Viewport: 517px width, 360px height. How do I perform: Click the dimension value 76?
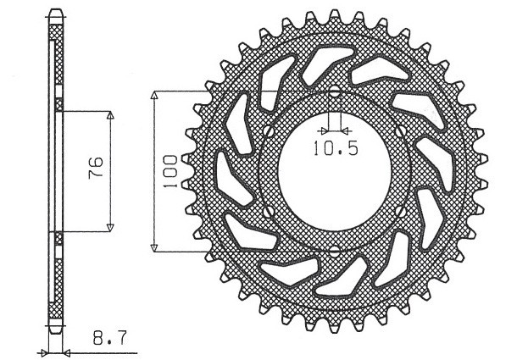[96, 170]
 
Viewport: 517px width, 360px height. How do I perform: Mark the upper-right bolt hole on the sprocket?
[403, 130]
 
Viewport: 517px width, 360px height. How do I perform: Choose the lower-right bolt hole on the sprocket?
[403, 211]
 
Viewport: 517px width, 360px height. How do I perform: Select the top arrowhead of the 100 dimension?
[154, 94]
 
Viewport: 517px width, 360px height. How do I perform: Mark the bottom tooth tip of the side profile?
[56, 331]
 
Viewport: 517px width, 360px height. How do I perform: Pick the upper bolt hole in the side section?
[58, 105]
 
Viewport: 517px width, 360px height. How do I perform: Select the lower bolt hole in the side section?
[58, 237]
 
